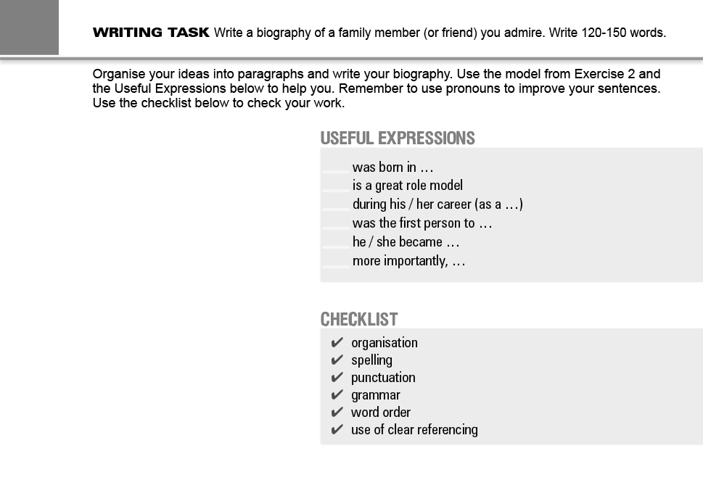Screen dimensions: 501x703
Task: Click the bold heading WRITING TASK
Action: point(151,33)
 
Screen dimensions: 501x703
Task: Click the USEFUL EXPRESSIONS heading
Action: point(398,138)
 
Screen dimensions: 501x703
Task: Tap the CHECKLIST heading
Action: point(359,319)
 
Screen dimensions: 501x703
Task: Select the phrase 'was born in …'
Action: point(392,167)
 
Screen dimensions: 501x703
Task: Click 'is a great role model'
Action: point(407,186)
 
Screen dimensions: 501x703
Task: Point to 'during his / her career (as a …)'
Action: point(437,204)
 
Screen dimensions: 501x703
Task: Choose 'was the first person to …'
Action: point(422,223)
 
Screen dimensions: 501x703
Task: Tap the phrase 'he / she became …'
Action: point(406,242)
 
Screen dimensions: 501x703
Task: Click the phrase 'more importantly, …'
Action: point(408,261)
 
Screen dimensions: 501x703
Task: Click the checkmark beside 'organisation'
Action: point(337,343)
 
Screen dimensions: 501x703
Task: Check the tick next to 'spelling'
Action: point(337,360)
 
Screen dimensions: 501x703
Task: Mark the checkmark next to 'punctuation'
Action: point(337,378)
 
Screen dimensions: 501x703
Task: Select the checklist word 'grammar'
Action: point(375,395)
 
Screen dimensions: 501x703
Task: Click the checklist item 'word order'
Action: point(380,413)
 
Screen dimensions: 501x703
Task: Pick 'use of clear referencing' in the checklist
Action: point(414,430)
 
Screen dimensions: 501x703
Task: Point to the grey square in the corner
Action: point(29,27)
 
